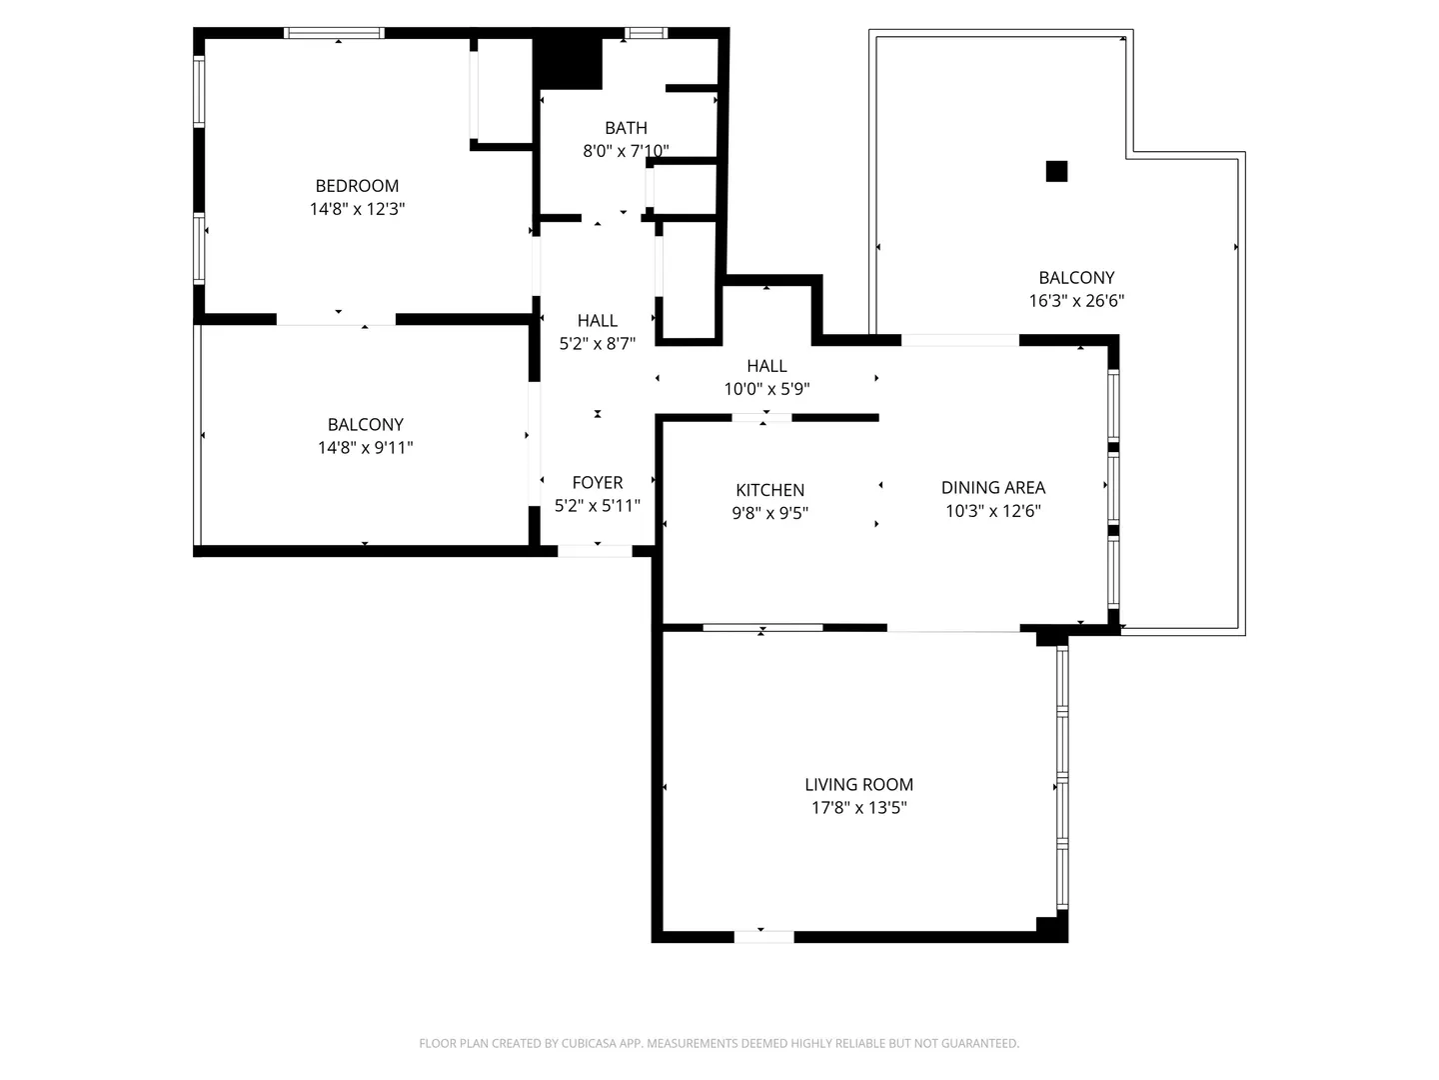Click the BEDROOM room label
pyautogui.click(x=357, y=186)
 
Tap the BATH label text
pyautogui.click(x=626, y=128)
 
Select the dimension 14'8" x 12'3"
pyautogui.click(x=357, y=209)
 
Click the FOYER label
pyautogui.click(x=598, y=483)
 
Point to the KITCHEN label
pyautogui.click(x=769, y=490)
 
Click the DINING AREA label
pyautogui.click(x=992, y=488)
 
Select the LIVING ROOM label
pyautogui.click(x=858, y=784)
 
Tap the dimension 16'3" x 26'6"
pyautogui.click(x=1076, y=301)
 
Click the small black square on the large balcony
pyautogui.click(x=1056, y=171)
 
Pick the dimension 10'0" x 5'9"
pyautogui.click(x=766, y=390)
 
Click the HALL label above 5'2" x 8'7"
pyautogui.click(x=598, y=321)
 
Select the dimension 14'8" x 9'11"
pyautogui.click(x=365, y=448)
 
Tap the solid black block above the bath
pyautogui.click(x=567, y=63)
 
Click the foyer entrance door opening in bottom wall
pyautogui.click(x=595, y=551)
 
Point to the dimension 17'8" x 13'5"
pyautogui.click(x=858, y=808)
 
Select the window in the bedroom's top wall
pyautogui.click(x=335, y=33)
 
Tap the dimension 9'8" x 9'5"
pyautogui.click(x=769, y=513)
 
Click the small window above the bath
pyautogui.click(x=646, y=33)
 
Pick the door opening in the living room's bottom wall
pyautogui.click(x=763, y=937)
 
